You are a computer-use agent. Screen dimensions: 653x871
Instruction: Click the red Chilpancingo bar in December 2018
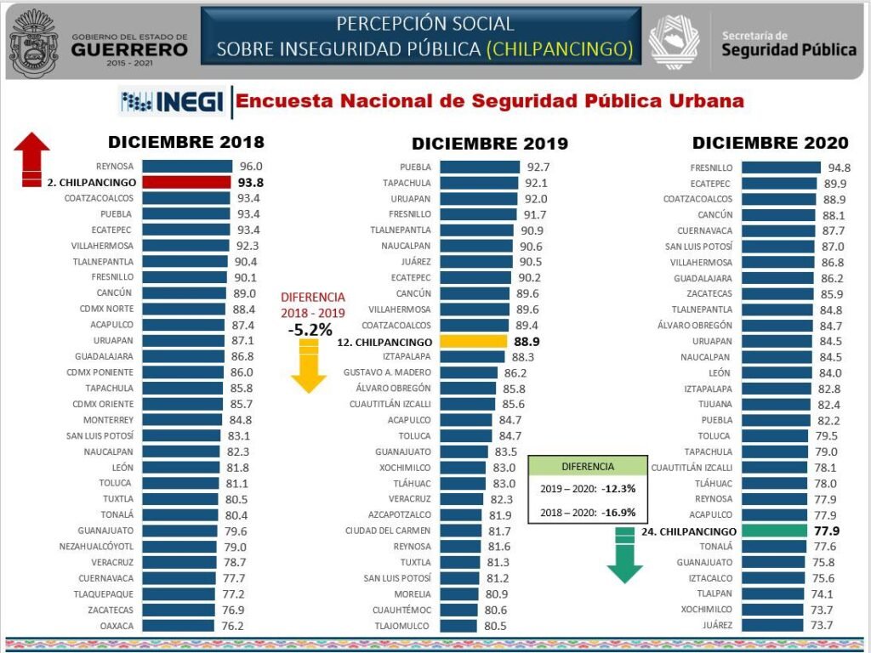point(185,182)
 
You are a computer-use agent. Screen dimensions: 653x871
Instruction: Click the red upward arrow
point(33,158)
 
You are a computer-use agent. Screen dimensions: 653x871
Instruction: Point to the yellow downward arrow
point(308,367)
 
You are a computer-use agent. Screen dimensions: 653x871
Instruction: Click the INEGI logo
point(173,103)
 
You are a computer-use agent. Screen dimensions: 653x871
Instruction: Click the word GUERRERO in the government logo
point(128,49)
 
